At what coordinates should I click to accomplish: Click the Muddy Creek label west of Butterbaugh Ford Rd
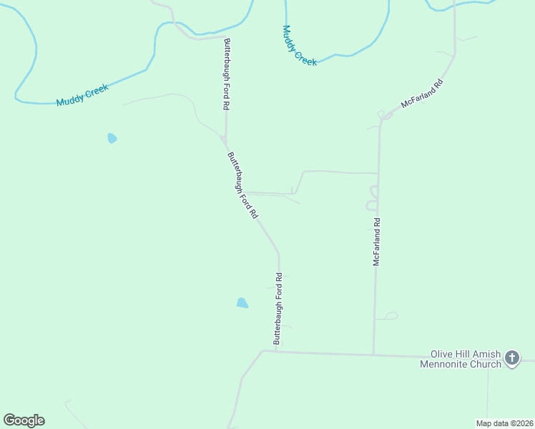pyautogui.click(x=82, y=95)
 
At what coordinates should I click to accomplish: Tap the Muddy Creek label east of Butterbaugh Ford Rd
pyautogui.click(x=299, y=46)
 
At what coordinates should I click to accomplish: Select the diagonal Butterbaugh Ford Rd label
pyautogui.click(x=242, y=185)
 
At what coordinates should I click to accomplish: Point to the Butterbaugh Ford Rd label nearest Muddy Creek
pyautogui.click(x=227, y=74)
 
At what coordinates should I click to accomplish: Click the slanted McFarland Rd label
pyautogui.click(x=422, y=93)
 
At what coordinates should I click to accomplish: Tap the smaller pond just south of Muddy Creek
pyautogui.click(x=112, y=138)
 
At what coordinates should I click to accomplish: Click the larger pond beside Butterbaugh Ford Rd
pyautogui.click(x=242, y=302)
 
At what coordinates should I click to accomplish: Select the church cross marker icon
pyautogui.click(x=511, y=357)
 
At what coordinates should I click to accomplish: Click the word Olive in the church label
pyautogui.click(x=442, y=354)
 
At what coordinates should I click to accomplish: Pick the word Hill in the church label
pyautogui.click(x=463, y=354)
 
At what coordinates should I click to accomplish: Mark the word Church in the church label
pyautogui.click(x=486, y=364)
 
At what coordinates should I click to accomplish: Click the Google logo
pyautogui.click(x=24, y=420)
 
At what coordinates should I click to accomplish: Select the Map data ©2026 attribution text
pyautogui.click(x=504, y=423)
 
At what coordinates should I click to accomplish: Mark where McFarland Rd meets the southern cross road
pyautogui.click(x=373, y=354)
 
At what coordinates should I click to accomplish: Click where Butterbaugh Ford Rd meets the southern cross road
pyautogui.click(x=275, y=351)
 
